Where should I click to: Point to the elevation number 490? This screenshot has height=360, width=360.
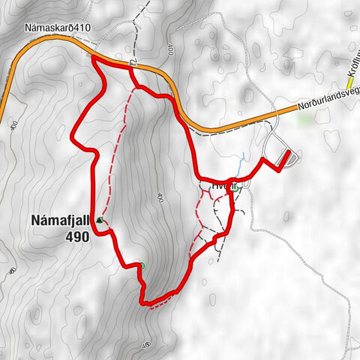coord(77,236)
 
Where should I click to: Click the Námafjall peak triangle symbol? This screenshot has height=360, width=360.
coord(99,220)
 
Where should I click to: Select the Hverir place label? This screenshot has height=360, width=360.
coord(213,182)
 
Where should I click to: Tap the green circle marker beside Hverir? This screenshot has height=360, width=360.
coord(235,190)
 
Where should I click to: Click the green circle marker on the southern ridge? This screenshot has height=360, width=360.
coord(139,265)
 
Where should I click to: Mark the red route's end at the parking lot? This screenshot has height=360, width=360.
coord(289,154)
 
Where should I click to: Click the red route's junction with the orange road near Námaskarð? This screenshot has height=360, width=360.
coord(95,58)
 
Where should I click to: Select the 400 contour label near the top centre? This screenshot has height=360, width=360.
coord(170,51)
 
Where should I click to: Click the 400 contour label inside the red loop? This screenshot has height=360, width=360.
coord(159,197)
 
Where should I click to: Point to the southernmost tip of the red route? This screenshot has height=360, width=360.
coord(145,303)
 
